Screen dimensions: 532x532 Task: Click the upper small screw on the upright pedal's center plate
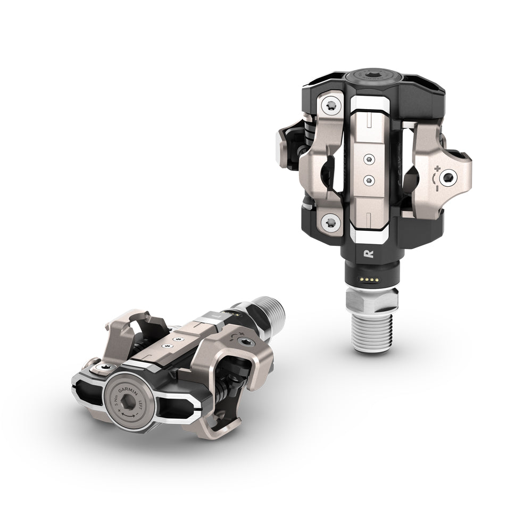click(368, 158)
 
